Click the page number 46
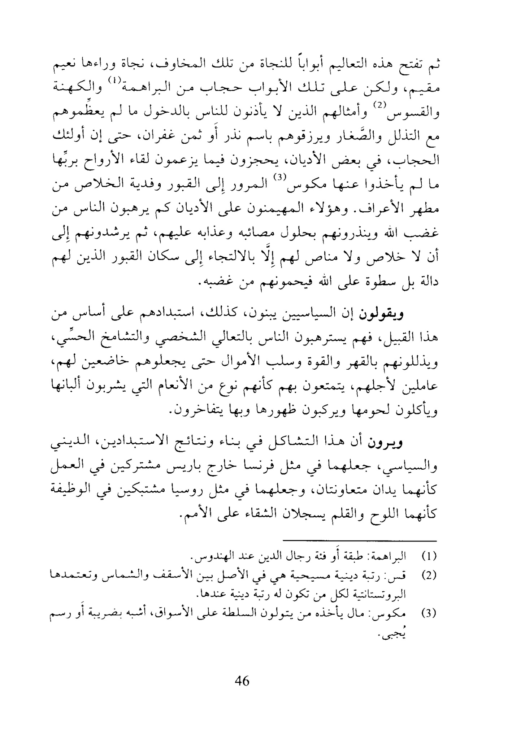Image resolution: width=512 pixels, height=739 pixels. click(x=242, y=681)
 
